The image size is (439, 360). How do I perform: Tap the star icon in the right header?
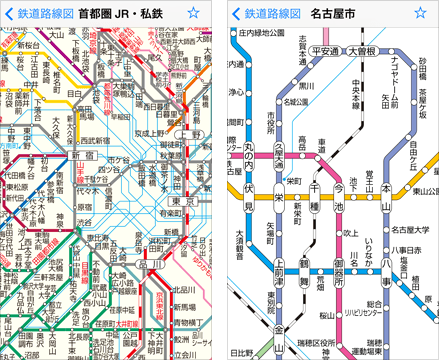tap(424, 14)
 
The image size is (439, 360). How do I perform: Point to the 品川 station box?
tap(149, 267)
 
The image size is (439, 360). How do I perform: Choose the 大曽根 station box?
tap(361, 50)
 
